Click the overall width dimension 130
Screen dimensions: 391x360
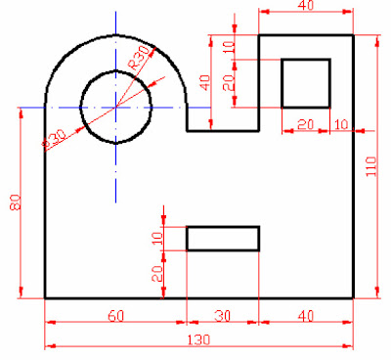point(198,340)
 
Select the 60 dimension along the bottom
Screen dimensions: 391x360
point(116,316)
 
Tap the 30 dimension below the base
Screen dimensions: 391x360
point(223,316)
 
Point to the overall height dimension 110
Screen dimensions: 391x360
point(371,166)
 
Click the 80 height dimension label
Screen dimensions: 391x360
point(16,202)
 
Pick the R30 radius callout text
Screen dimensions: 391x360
point(139,58)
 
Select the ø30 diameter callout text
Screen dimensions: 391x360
point(56,139)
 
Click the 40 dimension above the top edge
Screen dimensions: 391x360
point(306,6)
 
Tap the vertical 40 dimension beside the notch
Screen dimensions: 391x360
point(204,82)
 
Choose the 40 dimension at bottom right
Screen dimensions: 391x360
point(306,316)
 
